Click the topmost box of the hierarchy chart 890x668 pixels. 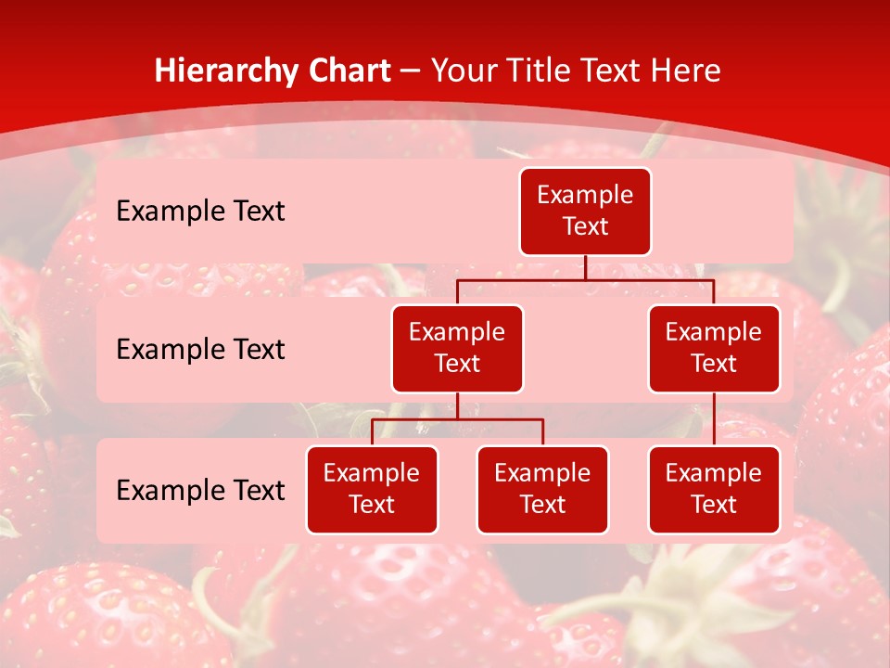(585, 212)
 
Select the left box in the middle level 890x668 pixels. (457, 349)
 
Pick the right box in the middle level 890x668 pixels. (714, 349)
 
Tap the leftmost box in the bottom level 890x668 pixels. (372, 490)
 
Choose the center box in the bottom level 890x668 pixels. (542, 490)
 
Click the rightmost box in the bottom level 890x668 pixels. (714, 490)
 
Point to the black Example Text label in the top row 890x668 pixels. (200, 212)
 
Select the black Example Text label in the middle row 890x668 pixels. (200, 350)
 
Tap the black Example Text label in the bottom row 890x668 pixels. (200, 490)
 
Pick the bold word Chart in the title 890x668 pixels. (348, 71)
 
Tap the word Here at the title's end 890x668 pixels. (685, 71)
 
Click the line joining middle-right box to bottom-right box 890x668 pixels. (714, 419)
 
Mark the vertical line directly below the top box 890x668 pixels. (585, 267)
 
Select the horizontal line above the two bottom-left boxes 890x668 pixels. (457, 419)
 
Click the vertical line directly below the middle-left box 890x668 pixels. (457, 405)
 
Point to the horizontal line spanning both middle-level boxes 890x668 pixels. (585, 279)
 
